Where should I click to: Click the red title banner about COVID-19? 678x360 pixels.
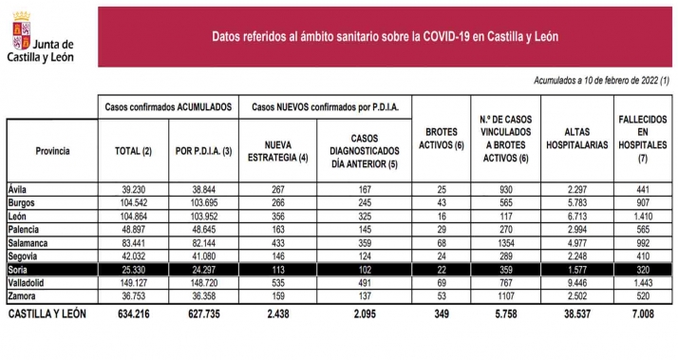[385, 37]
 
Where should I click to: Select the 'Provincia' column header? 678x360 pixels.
[51, 151]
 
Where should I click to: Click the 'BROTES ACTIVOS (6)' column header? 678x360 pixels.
[441, 138]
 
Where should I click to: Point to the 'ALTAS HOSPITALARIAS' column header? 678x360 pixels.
[577, 138]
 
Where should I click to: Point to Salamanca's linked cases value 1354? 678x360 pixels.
[509, 242]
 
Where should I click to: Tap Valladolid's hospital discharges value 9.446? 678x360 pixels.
[577, 282]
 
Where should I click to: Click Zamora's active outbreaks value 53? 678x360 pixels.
[441, 295]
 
